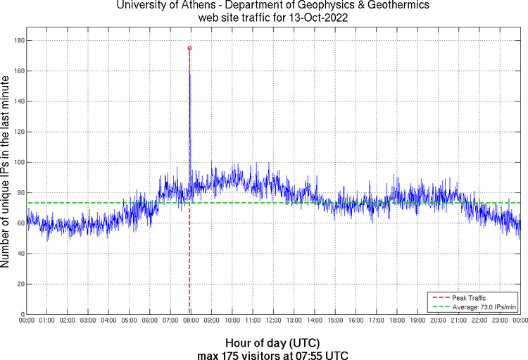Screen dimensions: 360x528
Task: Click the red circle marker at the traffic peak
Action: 189,48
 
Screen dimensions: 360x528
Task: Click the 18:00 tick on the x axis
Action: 397,320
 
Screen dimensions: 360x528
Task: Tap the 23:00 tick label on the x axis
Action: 500,320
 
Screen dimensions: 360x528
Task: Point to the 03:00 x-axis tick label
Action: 89,320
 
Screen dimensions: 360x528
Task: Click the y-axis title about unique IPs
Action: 6,173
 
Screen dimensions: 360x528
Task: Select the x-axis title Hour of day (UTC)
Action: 273,341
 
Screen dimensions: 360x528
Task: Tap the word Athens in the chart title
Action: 189,6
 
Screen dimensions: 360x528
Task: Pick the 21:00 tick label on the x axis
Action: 458,320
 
